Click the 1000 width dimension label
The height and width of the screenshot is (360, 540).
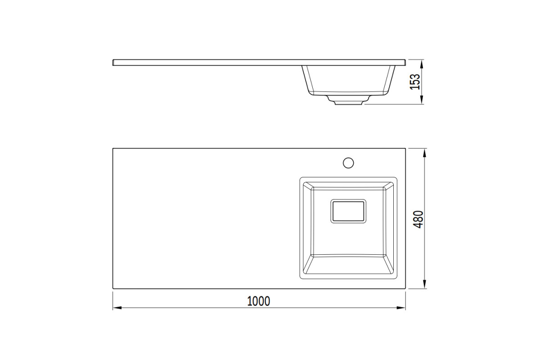[x=259, y=301]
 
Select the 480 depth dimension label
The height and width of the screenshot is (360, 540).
[x=418, y=219]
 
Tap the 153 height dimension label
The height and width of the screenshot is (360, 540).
[x=415, y=82]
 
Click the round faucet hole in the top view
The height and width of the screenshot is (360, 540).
[x=348, y=163]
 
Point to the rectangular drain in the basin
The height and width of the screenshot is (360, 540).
[x=348, y=211]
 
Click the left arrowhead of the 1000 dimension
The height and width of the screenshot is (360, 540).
[x=117, y=308]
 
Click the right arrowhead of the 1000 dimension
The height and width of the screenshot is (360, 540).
[x=401, y=308]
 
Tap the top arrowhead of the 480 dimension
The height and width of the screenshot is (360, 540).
[x=425, y=153]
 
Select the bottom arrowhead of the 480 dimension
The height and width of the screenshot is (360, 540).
[x=425, y=284]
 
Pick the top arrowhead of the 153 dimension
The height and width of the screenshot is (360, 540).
[x=422, y=64]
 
